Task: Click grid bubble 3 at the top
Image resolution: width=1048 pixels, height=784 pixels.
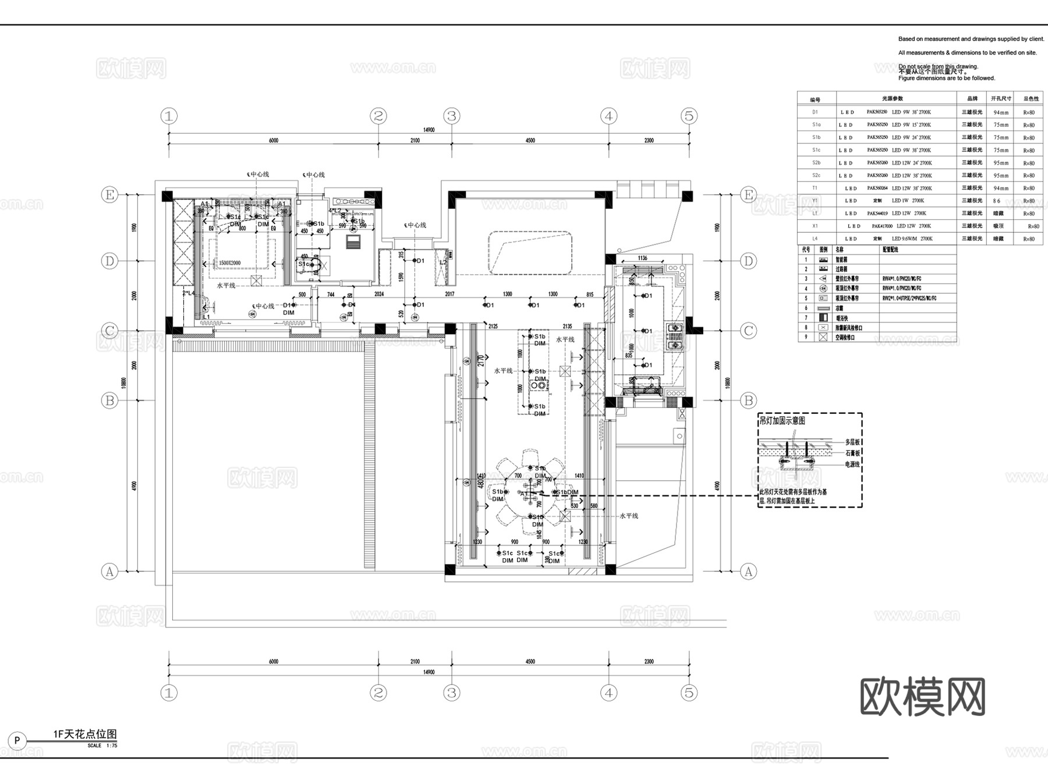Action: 452,116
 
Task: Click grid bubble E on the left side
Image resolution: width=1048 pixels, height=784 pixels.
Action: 109,194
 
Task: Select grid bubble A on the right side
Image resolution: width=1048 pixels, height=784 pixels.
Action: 748,572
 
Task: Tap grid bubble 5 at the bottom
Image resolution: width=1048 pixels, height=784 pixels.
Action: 689,693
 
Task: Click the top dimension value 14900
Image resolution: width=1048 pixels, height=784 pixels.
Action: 429,130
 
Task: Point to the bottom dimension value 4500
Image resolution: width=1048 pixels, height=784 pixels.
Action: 530,661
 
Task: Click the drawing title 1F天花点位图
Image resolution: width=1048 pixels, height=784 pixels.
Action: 85,734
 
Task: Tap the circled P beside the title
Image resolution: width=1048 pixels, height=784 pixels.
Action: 17,741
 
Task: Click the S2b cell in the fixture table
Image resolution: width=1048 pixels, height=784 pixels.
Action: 816,163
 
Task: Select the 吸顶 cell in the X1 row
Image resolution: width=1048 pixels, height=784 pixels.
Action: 998,226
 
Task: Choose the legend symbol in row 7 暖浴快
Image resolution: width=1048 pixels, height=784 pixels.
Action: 823,318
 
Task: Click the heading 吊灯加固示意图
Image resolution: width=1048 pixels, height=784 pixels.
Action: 782,421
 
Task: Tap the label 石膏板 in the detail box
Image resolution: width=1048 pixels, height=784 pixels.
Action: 852,453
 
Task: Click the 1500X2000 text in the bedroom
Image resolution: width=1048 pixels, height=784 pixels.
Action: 230,263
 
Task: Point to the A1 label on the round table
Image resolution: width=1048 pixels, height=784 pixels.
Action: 524,494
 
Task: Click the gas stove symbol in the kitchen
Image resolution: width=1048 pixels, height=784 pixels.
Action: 675,336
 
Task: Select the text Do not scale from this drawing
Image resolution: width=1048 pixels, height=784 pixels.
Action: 938,66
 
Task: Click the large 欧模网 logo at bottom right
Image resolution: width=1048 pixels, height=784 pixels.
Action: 922,696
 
